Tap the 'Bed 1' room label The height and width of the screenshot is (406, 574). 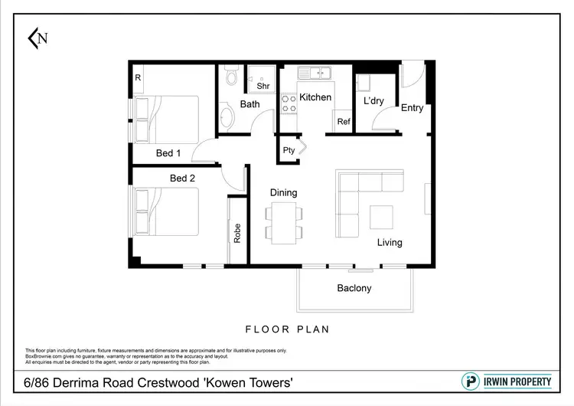tap(168, 153)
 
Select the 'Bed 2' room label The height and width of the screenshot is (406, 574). tap(182, 178)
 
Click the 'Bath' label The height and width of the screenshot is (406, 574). tap(250, 104)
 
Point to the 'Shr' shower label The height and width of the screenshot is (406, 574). tap(263, 86)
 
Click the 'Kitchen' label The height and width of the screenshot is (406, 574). tap(315, 97)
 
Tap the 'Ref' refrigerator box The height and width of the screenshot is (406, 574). tap(344, 122)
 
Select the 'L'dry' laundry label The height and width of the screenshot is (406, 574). tap(373, 101)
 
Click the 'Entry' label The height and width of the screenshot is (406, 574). tap(412, 108)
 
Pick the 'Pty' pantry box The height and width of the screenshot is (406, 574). tap(289, 150)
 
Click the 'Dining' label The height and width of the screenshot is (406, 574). tap(283, 193)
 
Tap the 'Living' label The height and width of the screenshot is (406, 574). tap(389, 243)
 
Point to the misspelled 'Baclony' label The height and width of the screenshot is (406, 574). tap(354, 288)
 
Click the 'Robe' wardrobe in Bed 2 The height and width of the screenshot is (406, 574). tap(237, 232)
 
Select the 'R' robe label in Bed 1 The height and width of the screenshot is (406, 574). tap(138, 77)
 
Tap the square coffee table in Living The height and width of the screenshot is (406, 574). tap(381, 218)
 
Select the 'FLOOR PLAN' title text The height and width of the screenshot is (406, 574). tap(287, 329)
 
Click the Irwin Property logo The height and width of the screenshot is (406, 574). tap(507, 381)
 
